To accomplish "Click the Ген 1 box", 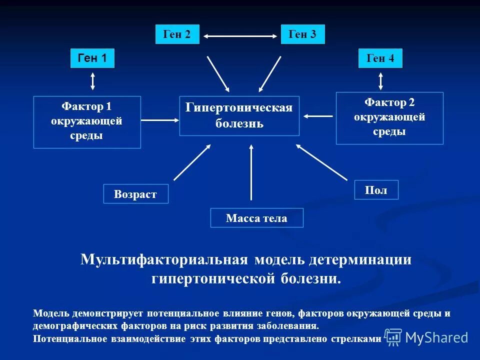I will click(x=92, y=58).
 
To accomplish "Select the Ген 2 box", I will click(x=177, y=34).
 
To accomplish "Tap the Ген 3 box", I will click(x=302, y=34).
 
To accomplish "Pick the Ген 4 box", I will click(x=380, y=58).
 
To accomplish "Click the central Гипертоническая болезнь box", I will click(x=239, y=115).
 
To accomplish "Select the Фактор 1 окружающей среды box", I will click(x=87, y=122).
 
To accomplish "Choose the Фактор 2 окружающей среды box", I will click(x=389, y=118).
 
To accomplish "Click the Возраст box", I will click(x=135, y=194).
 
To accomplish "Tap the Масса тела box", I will click(x=256, y=218).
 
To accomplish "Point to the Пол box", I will click(x=376, y=190).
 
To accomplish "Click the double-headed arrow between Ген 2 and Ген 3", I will click(x=240, y=36).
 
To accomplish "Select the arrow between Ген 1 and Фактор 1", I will click(x=92, y=80).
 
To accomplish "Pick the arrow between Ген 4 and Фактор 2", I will click(x=381, y=80).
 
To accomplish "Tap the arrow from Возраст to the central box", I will click(x=192, y=161).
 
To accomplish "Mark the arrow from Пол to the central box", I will click(x=321, y=162).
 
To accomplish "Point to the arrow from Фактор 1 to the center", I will click(x=160, y=120).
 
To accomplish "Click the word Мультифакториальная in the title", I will click(x=164, y=260).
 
